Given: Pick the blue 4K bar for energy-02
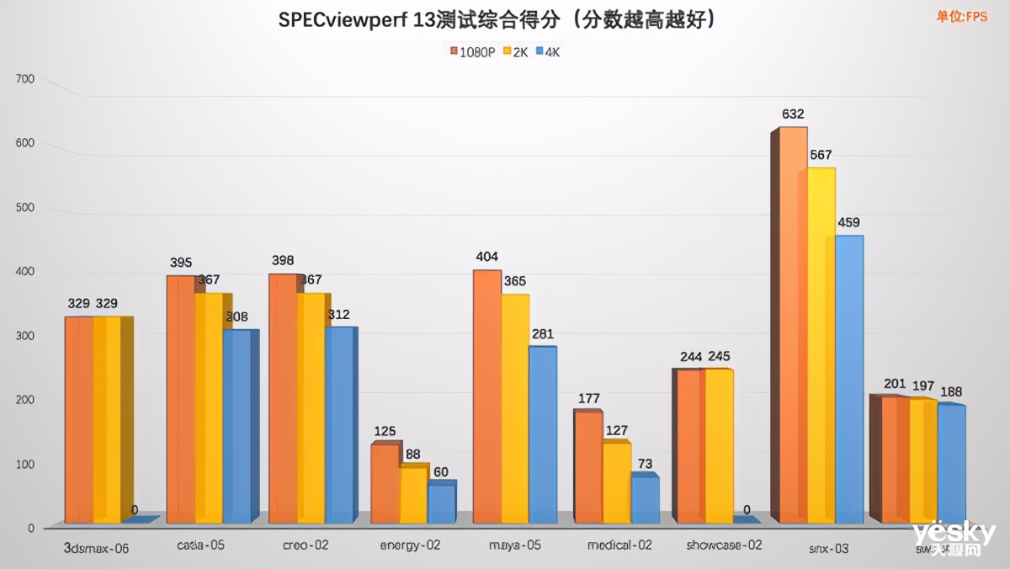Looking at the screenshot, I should pos(441,503).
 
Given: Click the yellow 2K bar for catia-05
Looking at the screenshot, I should pos(209,407).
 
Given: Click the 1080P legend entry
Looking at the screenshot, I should pos(473,51).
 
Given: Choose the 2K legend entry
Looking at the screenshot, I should pos(515,51).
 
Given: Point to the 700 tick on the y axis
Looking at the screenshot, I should pos(25,79).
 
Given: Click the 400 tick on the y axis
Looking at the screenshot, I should pos(25,272).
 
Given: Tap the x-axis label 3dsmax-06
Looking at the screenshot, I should pos(97,548).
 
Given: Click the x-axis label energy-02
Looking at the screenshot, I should pos(410,545).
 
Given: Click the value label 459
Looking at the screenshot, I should pos(848,223).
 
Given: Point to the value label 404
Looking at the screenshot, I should pos(487,257).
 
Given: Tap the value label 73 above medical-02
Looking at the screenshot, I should pos(646,463).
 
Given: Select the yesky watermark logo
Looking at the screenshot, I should pos(953,536).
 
